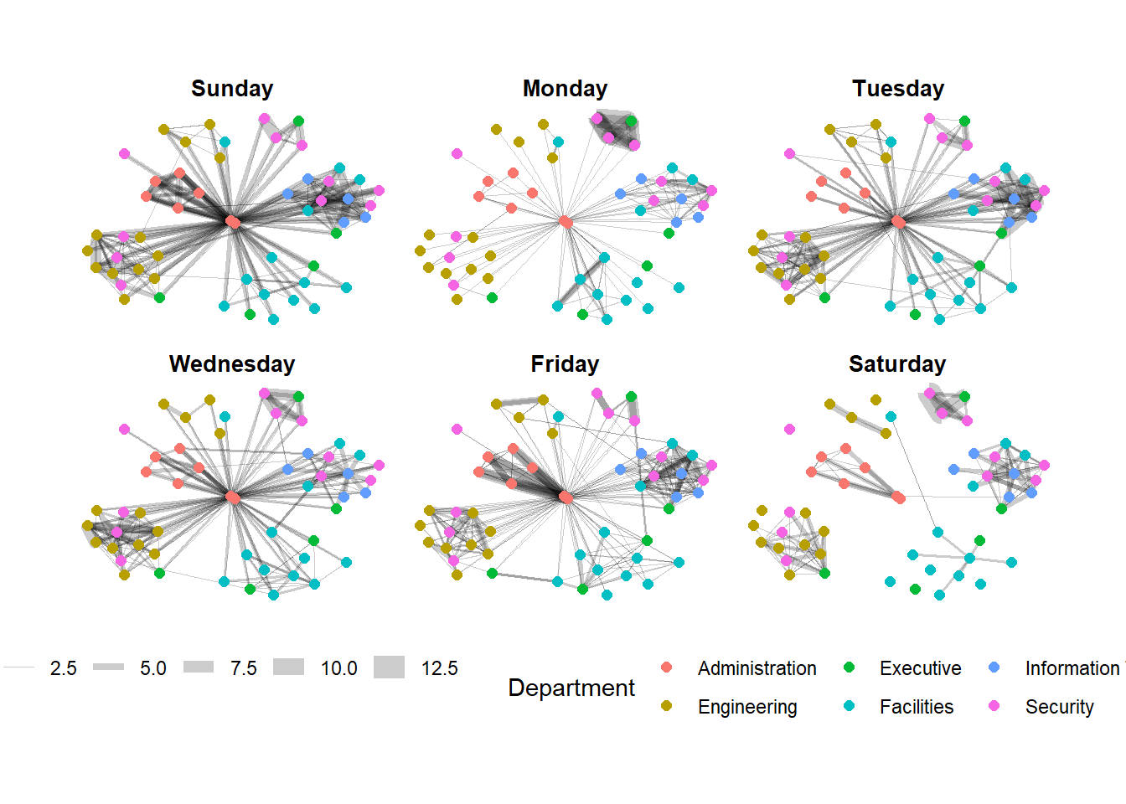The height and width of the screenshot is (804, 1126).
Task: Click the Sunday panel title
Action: pyautogui.click(x=232, y=89)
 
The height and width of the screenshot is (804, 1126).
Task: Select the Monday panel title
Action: pyautogui.click(x=565, y=89)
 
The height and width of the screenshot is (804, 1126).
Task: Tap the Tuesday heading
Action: pyautogui.click(x=898, y=89)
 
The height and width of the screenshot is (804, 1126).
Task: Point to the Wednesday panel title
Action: pyautogui.click(x=232, y=364)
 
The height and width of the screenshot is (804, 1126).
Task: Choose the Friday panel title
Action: pyautogui.click(x=565, y=364)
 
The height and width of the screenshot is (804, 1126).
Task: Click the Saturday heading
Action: pyautogui.click(x=897, y=364)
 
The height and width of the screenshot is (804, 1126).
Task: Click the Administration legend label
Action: pyautogui.click(x=757, y=668)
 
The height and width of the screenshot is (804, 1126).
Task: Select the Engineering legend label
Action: pyautogui.click(x=747, y=707)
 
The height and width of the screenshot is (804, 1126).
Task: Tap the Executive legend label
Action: pyautogui.click(x=920, y=668)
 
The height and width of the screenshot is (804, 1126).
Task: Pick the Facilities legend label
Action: pyautogui.click(x=916, y=707)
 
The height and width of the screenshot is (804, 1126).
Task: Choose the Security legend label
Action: pyautogui.click(x=1059, y=707)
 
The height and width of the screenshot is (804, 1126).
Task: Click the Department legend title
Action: pyautogui.click(x=571, y=688)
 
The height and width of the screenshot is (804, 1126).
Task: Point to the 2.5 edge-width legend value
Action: pyautogui.click(x=63, y=668)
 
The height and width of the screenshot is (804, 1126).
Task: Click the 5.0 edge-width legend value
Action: pyautogui.click(x=152, y=668)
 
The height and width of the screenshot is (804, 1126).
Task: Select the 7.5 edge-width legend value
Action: pyautogui.click(x=243, y=668)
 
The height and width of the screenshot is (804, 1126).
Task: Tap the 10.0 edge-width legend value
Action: pyautogui.click(x=338, y=668)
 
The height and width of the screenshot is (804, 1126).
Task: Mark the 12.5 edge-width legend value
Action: pyautogui.click(x=439, y=668)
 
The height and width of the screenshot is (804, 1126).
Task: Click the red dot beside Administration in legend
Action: pyautogui.click(x=666, y=667)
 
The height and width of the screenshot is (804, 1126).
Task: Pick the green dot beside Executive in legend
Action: pyautogui.click(x=849, y=667)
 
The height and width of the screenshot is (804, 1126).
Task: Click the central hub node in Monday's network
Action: pyautogui.click(x=566, y=222)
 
